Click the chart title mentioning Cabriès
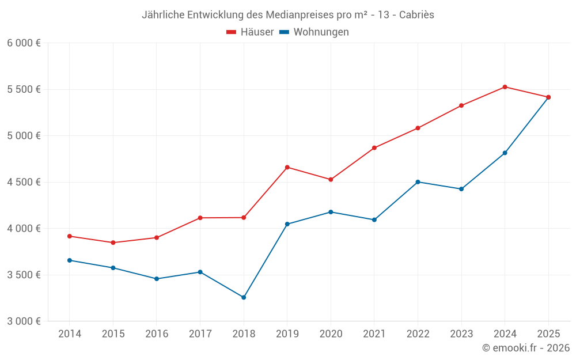coord(287,15)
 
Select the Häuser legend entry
coord(250,32)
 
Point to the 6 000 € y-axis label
coord(24,43)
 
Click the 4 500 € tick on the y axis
coord(24,182)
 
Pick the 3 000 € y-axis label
coord(24,321)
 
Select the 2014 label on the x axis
coord(70,334)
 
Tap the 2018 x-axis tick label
coord(244,334)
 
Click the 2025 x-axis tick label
coord(548,334)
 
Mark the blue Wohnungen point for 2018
coord(244,297)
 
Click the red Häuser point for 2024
coord(505,87)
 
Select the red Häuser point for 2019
coord(287,167)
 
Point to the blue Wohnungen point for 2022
coord(418,182)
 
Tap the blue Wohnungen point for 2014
coord(70,260)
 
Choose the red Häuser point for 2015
coord(113,242)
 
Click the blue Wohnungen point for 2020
coord(331,212)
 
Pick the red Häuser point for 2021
coord(374,148)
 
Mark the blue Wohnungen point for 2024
coord(505,153)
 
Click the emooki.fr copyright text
coord(525,348)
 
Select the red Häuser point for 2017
coord(200,218)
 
